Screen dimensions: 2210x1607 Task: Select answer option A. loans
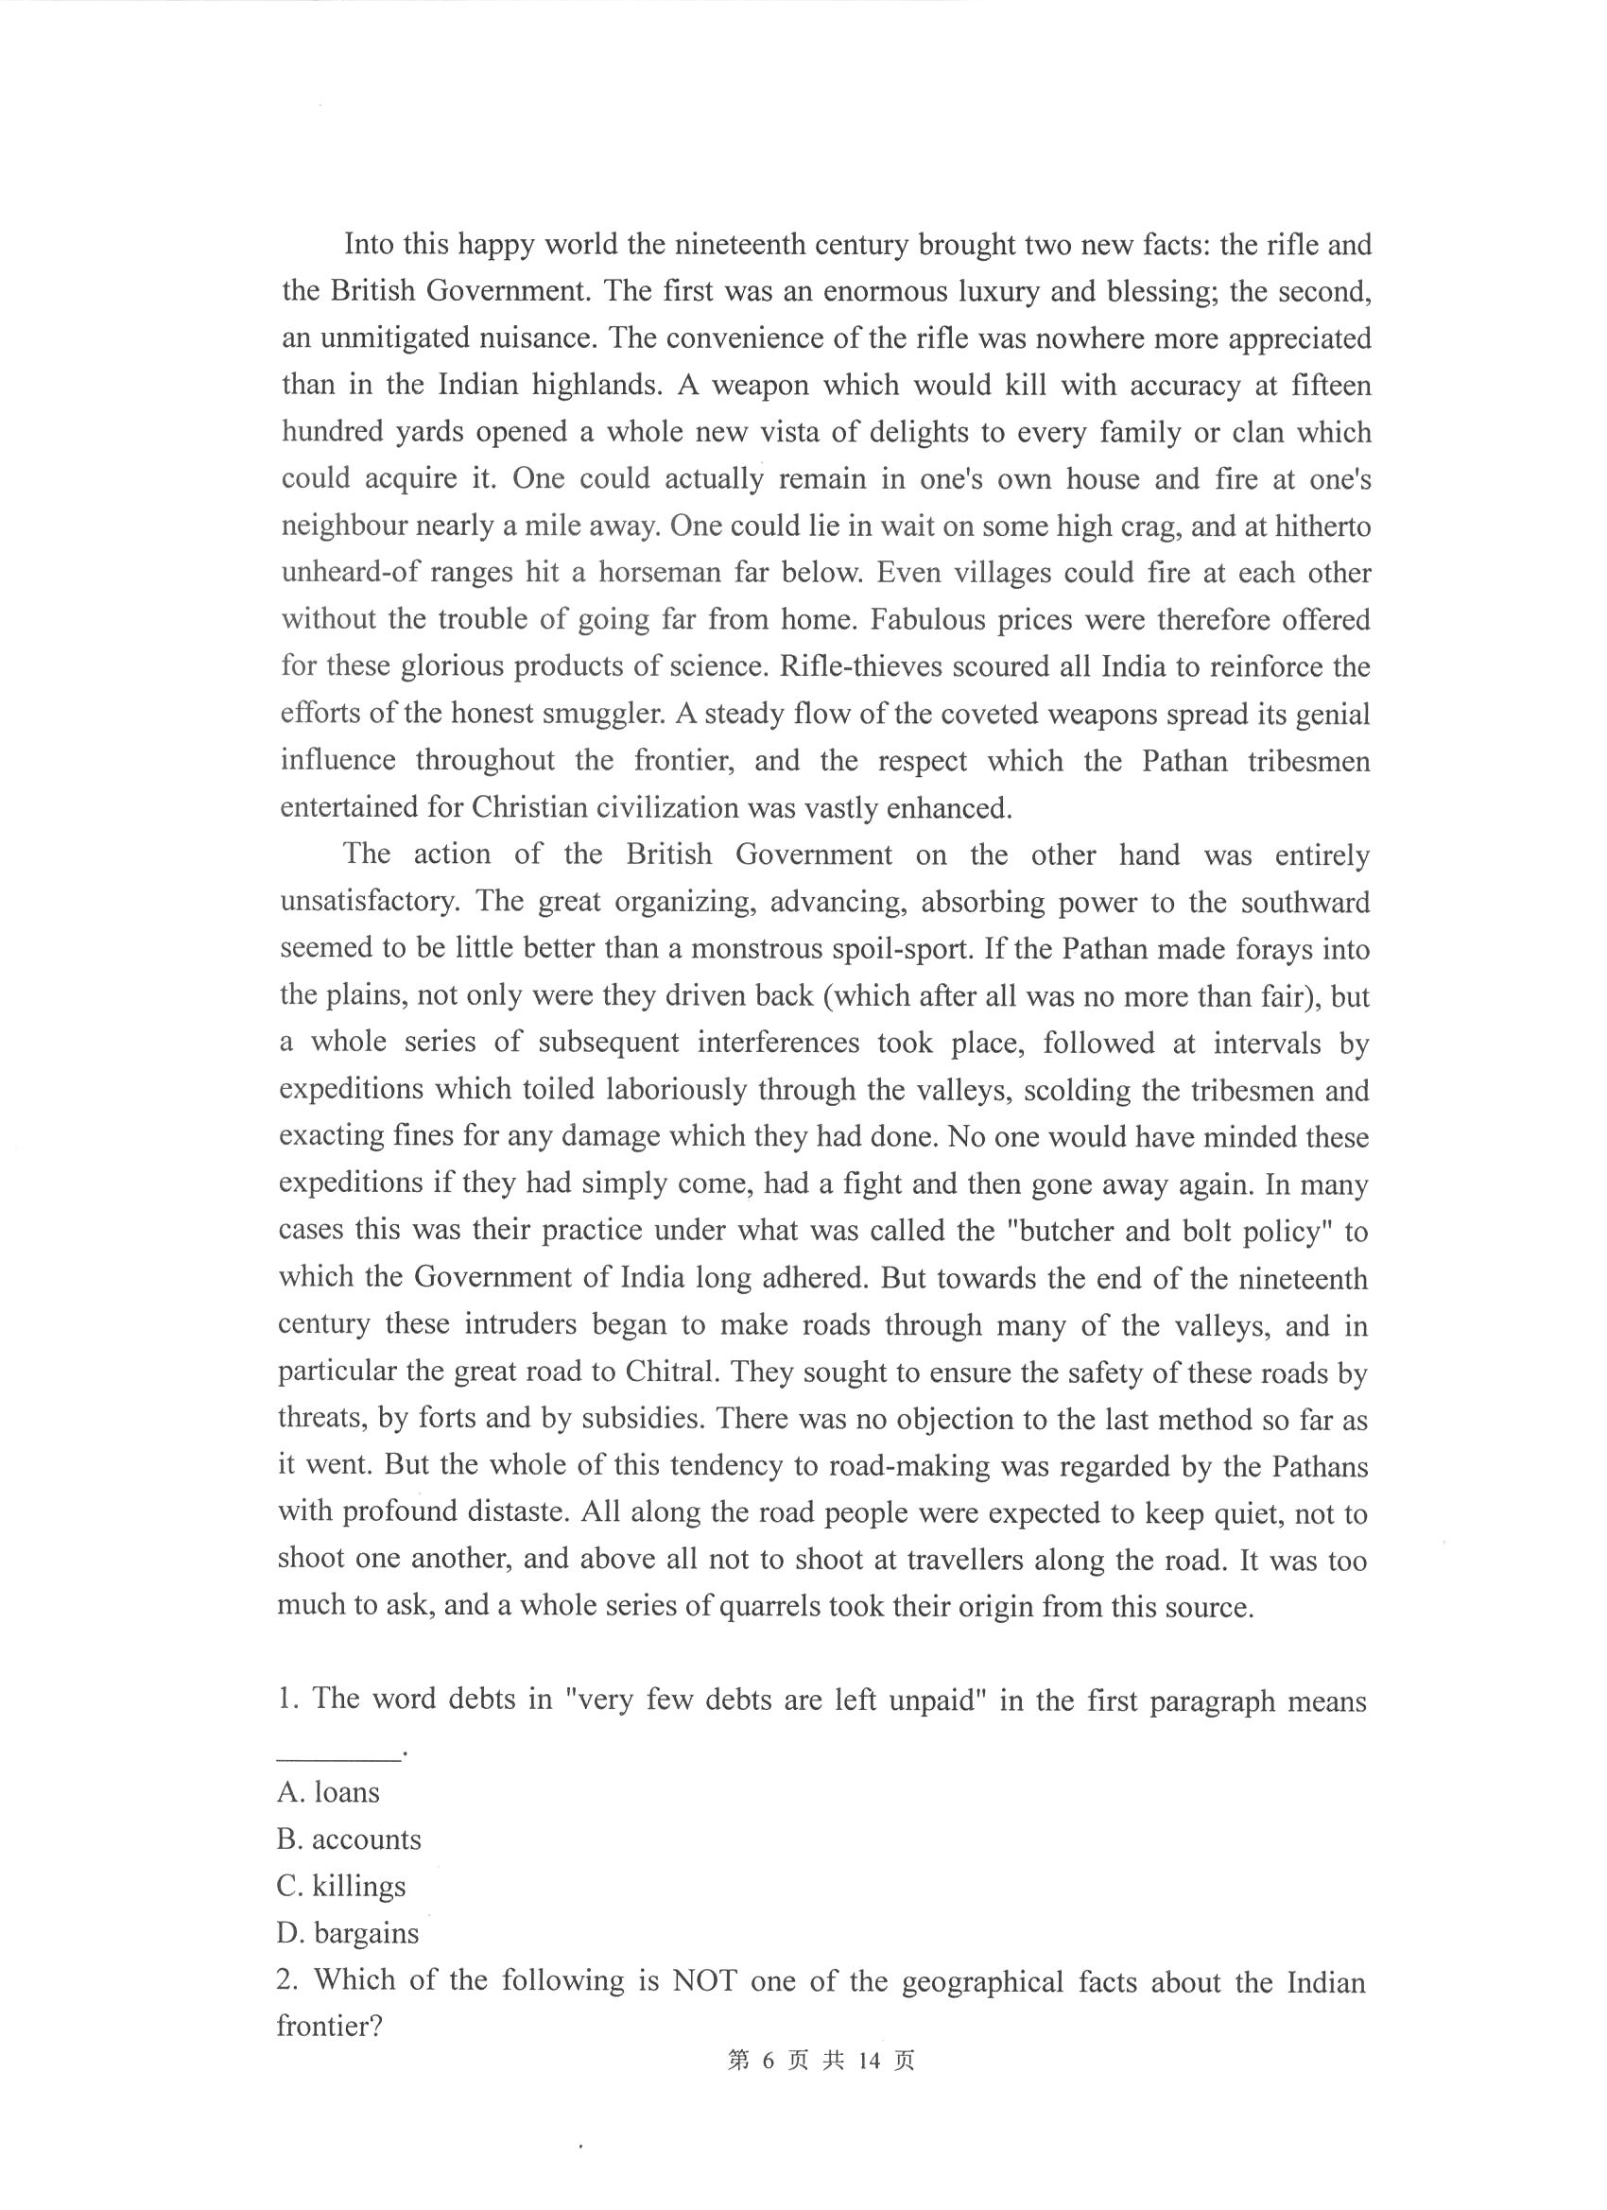(328, 1792)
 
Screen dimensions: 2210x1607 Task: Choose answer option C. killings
(341, 1886)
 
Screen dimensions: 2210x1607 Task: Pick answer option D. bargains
(348, 1932)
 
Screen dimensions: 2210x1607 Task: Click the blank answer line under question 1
(338, 1756)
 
